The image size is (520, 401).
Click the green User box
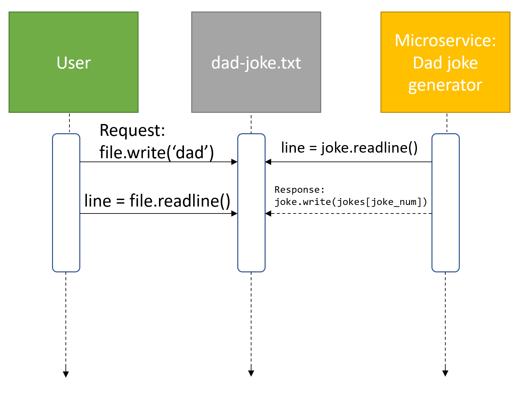tap(73, 62)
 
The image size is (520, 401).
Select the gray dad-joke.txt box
tap(256, 62)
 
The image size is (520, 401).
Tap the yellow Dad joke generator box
tap(445, 62)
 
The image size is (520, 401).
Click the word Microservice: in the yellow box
tap(445, 40)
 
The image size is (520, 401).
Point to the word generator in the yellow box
tap(445, 85)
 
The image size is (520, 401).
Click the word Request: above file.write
tap(132, 130)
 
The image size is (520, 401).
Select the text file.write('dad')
tap(157, 152)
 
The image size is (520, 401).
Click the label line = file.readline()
tap(157, 201)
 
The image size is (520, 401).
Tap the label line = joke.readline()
tap(349, 148)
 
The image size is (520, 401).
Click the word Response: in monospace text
tap(299, 190)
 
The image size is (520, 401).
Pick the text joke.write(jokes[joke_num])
tap(351, 202)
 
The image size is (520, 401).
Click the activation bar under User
tap(66, 203)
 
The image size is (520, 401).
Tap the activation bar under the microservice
tap(445, 203)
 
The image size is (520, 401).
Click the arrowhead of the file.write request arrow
tap(234, 162)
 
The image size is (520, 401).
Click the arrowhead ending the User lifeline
tap(66, 374)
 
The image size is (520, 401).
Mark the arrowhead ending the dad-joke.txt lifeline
tap(251, 373)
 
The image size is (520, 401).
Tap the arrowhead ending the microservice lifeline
tap(445, 373)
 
